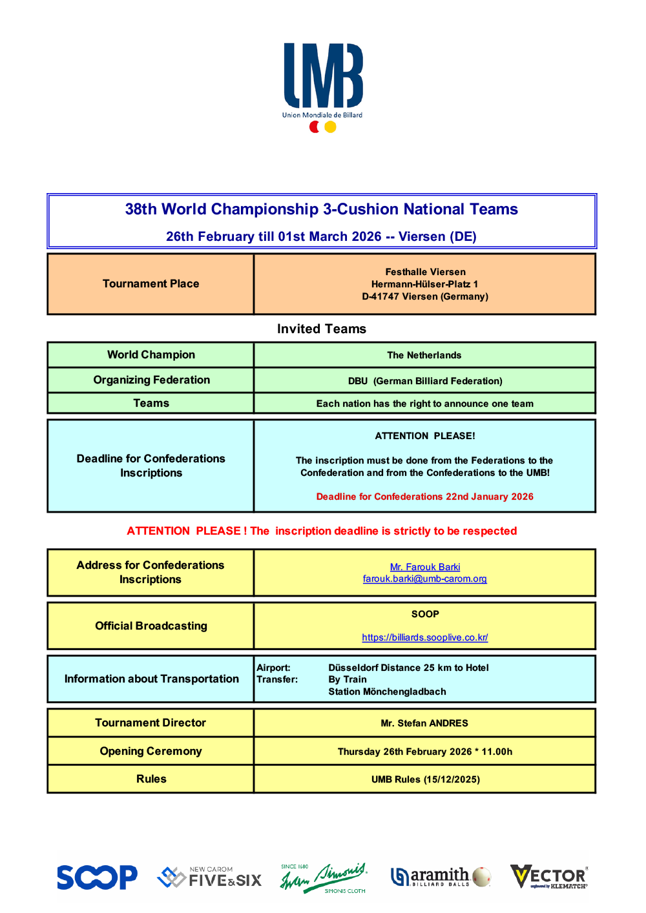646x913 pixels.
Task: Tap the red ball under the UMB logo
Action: pyautogui.click(x=315, y=127)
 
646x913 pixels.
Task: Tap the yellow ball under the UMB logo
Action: pyautogui.click(x=330, y=127)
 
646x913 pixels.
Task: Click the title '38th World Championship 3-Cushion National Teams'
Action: pyautogui.click(x=321, y=209)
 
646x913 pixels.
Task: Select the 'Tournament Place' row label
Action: pyautogui.click(x=151, y=284)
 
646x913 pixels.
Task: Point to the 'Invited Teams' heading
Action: pyautogui.click(x=321, y=329)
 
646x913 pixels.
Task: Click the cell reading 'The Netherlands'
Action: pyautogui.click(x=424, y=355)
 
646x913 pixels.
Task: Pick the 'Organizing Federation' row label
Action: pyautogui.click(x=151, y=380)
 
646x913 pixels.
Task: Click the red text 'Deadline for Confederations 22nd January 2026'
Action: pyautogui.click(x=424, y=497)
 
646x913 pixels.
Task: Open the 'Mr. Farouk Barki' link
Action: pyautogui.click(x=424, y=567)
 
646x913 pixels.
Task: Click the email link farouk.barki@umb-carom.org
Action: pyautogui.click(x=424, y=579)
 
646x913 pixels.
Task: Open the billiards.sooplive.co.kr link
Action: pyautogui.click(x=424, y=637)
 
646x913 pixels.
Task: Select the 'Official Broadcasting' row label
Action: pyautogui.click(x=151, y=626)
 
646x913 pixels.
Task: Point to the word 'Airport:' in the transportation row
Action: pyautogui.click(x=273, y=668)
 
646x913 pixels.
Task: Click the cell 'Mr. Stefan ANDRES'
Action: pyautogui.click(x=424, y=723)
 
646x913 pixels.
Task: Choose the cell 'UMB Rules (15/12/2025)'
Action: pyautogui.click(x=424, y=779)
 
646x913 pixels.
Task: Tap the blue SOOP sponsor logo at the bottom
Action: pyautogui.click(x=97, y=877)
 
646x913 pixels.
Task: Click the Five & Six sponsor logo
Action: pyautogui.click(x=210, y=877)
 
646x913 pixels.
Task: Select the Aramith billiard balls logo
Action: pyautogui.click(x=441, y=877)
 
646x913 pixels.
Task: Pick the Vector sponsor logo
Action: pyautogui.click(x=549, y=877)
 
